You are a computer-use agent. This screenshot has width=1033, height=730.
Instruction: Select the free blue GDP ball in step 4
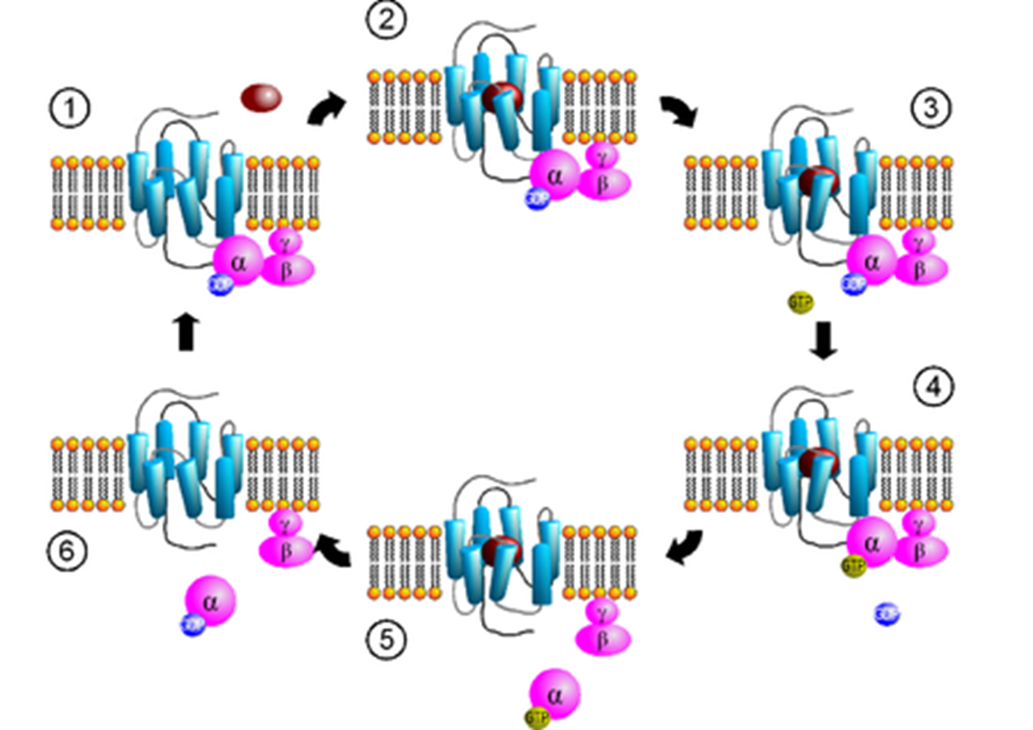click(x=887, y=613)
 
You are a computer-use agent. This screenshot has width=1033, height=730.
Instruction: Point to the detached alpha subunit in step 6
click(x=210, y=600)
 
